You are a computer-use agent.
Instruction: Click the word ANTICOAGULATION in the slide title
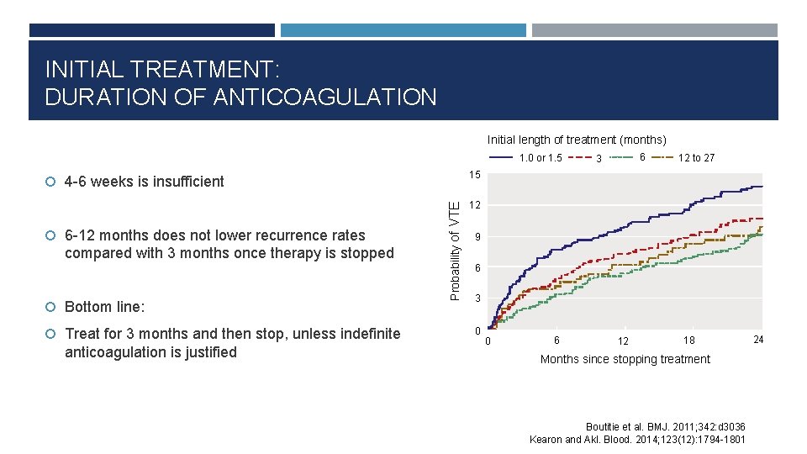click(324, 98)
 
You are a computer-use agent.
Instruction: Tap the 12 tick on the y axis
click(475, 206)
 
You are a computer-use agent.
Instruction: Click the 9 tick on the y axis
click(477, 238)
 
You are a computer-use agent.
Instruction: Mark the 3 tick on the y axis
click(477, 299)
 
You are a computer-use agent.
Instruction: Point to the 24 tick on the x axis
click(758, 340)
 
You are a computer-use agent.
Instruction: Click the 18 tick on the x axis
click(688, 340)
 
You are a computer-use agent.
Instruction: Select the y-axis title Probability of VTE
click(454, 250)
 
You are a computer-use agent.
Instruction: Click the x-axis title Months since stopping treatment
click(625, 359)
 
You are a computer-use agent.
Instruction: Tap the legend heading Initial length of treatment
click(577, 140)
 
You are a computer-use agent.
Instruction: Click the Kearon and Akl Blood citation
click(637, 439)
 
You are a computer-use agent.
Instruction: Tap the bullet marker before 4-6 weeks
click(51, 182)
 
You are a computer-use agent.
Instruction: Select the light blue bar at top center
click(403, 30)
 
